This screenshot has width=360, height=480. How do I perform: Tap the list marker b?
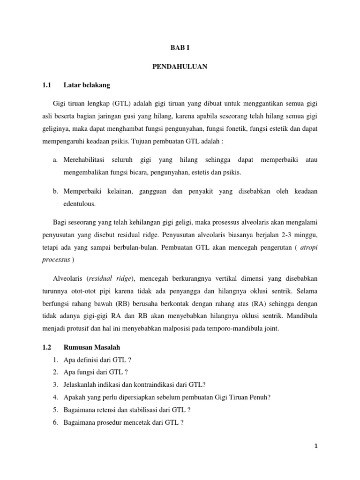pyautogui.click(x=55, y=192)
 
